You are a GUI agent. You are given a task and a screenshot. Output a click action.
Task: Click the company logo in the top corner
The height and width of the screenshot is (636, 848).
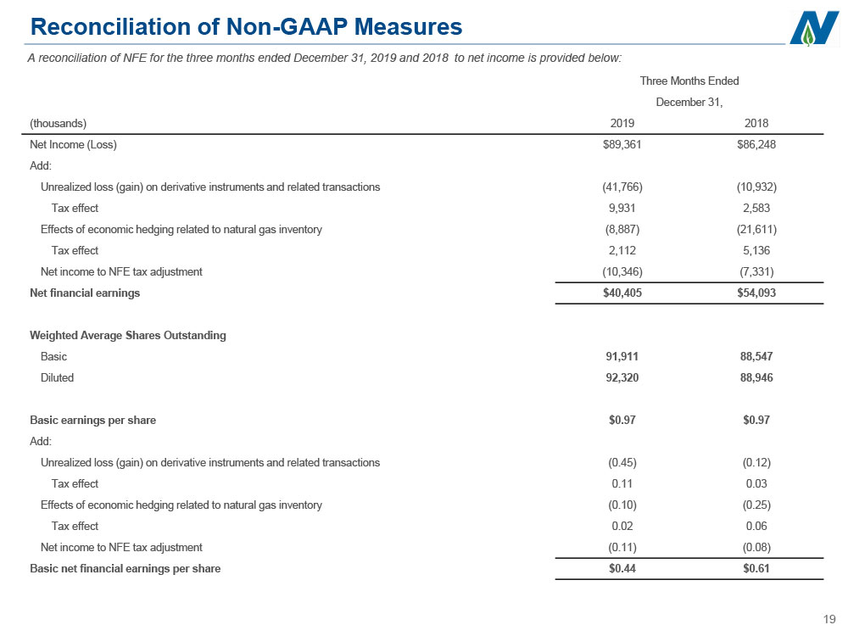(x=814, y=28)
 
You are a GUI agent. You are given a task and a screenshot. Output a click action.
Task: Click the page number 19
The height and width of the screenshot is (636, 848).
(x=829, y=620)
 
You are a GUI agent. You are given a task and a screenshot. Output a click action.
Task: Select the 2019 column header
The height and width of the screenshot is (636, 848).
(x=622, y=123)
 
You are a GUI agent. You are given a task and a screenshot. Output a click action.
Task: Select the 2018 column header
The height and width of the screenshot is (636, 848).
(x=756, y=123)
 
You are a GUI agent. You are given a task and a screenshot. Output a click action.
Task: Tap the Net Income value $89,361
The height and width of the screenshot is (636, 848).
(x=622, y=144)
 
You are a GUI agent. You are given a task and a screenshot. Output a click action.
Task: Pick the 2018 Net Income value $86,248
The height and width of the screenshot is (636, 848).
(x=756, y=144)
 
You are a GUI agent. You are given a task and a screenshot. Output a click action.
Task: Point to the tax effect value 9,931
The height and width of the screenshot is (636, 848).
(x=622, y=209)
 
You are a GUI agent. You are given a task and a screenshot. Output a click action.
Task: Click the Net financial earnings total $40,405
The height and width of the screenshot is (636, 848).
(x=622, y=293)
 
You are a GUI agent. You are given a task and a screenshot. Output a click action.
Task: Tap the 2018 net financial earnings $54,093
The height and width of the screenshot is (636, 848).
(x=756, y=293)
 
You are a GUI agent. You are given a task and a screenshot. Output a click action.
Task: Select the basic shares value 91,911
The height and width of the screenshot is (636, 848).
(x=622, y=356)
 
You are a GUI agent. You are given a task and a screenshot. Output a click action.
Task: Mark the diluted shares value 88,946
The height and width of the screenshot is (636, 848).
(x=756, y=377)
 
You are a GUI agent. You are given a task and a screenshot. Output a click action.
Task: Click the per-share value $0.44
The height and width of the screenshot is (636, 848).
(x=622, y=568)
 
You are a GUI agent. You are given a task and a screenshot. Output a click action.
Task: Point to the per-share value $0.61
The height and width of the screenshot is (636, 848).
(x=756, y=568)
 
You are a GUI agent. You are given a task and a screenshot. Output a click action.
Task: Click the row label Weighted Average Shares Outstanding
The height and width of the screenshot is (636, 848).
(x=128, y=335)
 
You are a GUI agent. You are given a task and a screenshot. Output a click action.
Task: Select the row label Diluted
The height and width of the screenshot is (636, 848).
(x=57, y=377)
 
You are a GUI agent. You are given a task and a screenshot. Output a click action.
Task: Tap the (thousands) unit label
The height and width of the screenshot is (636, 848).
(x=58, y=123)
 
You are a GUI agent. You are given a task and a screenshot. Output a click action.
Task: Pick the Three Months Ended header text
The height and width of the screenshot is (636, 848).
(x=689, y=81)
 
